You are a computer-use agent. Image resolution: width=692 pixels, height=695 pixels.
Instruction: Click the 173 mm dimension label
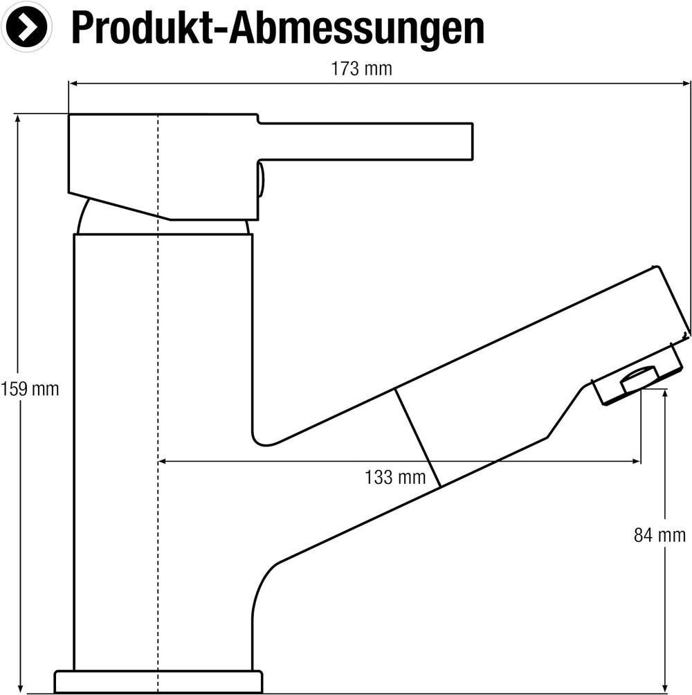point(361,69)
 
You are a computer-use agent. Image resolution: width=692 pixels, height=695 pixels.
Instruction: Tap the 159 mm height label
point(30,389)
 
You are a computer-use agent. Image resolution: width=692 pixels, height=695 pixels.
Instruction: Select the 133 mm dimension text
point(395,478)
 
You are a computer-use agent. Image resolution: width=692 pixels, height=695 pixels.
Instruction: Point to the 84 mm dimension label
point(659,535)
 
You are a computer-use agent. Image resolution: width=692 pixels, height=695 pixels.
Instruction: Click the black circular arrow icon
point(26,26)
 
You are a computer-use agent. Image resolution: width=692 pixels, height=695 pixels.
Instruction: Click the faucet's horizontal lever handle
point(365,141)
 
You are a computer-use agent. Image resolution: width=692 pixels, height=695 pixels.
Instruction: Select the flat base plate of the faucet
point(158,682)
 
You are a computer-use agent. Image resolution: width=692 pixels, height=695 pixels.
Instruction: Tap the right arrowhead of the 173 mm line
point(686,83)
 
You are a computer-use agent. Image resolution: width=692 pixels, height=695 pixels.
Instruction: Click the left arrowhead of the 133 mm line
point(163,462)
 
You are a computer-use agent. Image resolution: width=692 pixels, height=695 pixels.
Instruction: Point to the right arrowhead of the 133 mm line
point(636,462)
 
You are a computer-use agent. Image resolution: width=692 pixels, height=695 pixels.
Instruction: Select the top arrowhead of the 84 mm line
point(665,395)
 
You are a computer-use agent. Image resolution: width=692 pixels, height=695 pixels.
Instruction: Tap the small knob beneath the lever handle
point(262,179)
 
